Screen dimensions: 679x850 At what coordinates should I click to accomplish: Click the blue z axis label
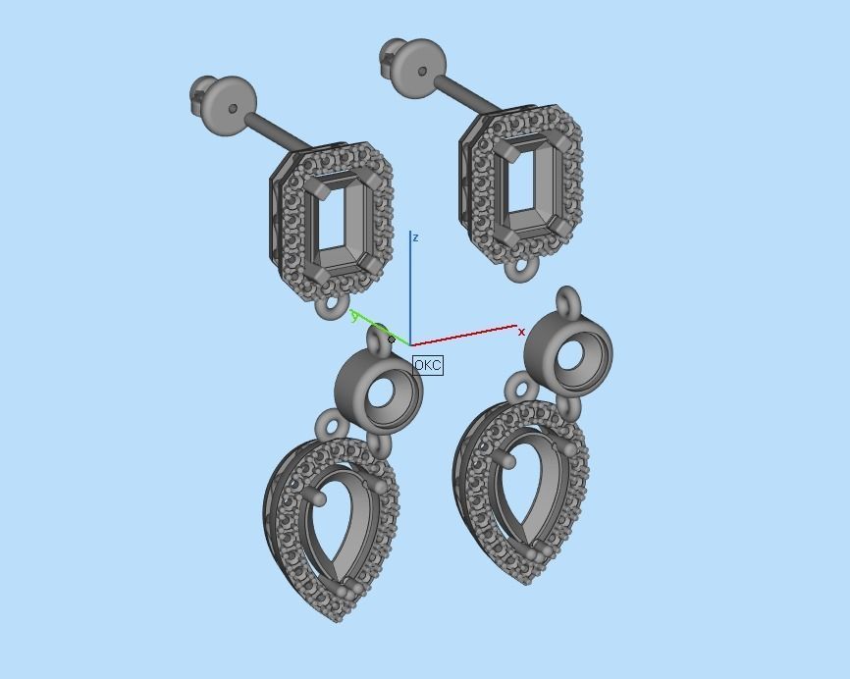[416, 237]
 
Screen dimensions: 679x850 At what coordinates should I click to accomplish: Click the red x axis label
[521, 333]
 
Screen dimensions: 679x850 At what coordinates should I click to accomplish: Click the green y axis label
[354, 316]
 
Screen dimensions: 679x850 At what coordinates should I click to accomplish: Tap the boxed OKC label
[428, 365]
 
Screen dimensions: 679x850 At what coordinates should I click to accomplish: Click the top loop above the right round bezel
[567, 302]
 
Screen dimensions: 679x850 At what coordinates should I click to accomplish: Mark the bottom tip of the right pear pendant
[527, 580]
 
